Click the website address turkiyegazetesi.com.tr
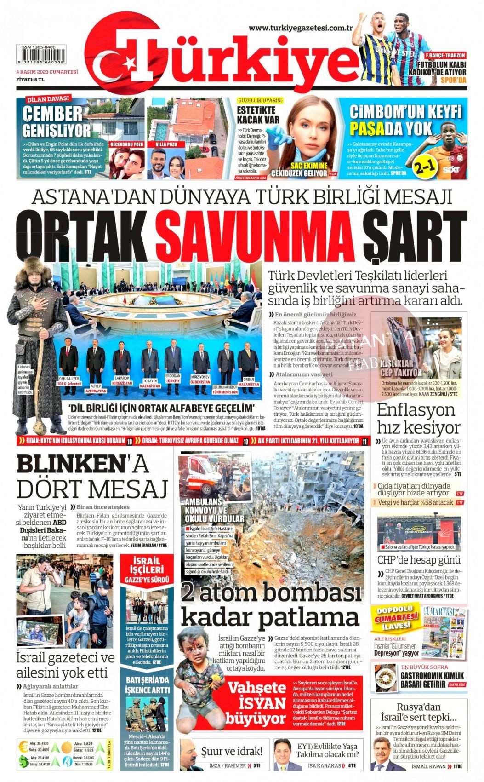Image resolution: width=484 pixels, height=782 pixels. pyautogui.click(x=300, y=28)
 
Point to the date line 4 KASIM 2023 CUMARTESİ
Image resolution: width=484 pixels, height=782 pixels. pyautogui.click(x=47, y=72)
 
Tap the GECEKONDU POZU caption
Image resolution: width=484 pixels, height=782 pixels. pyautogui.click(x=126, y=144)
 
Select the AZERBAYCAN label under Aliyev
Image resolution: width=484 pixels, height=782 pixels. pyautogui.click(x=96, y=391)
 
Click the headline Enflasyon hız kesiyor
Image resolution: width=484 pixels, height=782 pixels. pyautogui.click(x=418, y=419)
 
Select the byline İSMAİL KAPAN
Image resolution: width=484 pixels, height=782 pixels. pyautogui.click(x=429, y=766)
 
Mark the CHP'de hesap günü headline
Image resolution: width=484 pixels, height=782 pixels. pyautogui.click(x=418, y=560)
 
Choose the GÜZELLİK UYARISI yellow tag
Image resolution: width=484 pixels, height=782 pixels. pyautogui.click(x=260, y=100)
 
